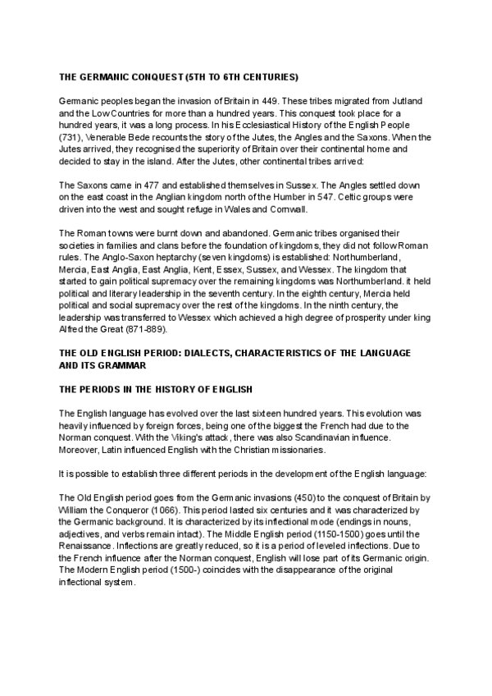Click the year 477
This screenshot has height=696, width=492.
[x=139, y=185]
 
